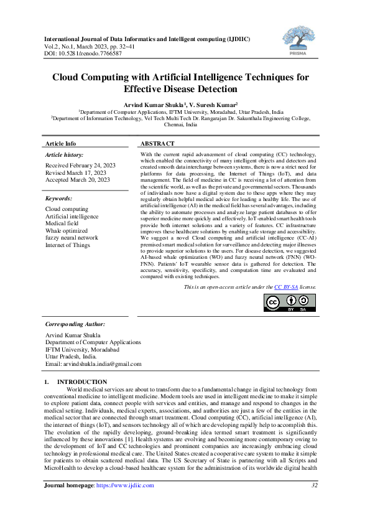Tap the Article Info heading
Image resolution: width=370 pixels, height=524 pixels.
coord(61,144)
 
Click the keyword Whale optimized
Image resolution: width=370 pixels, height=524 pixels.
coord(66,230)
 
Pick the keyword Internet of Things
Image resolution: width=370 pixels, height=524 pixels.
coord(68,245)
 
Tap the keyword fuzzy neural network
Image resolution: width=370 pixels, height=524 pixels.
coord(72,237)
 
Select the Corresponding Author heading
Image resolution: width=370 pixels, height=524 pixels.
coord(75,324)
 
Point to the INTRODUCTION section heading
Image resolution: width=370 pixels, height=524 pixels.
coord(82,381)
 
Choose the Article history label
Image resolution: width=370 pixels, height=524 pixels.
coord(65,154)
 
